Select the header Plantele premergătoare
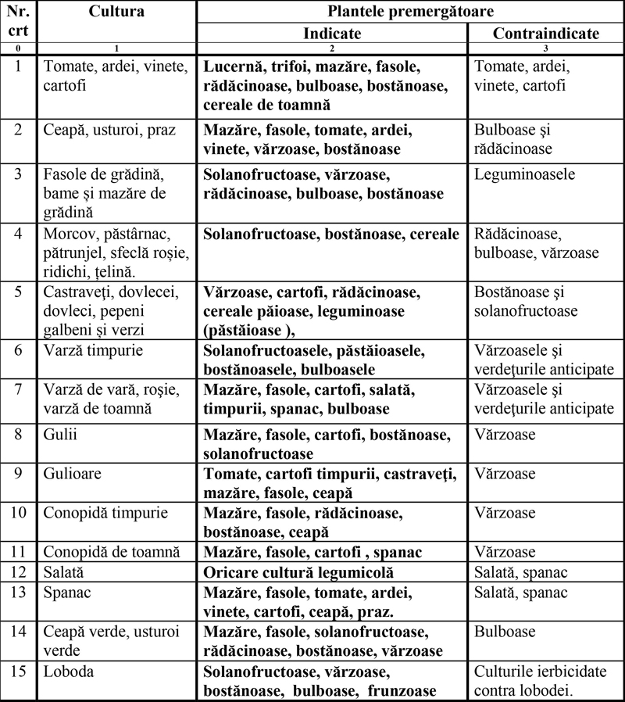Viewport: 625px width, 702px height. pyautogui.click(x=410, y=12)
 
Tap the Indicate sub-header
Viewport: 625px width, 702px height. pyautogui.click(x=332, y=34)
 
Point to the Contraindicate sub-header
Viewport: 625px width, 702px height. pyautogui.click(x=546, y=34)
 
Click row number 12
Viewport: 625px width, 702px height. pyautogui.click(x=18, y=572)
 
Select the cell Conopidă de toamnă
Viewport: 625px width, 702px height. pyautogui.click(x=112, y=553)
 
